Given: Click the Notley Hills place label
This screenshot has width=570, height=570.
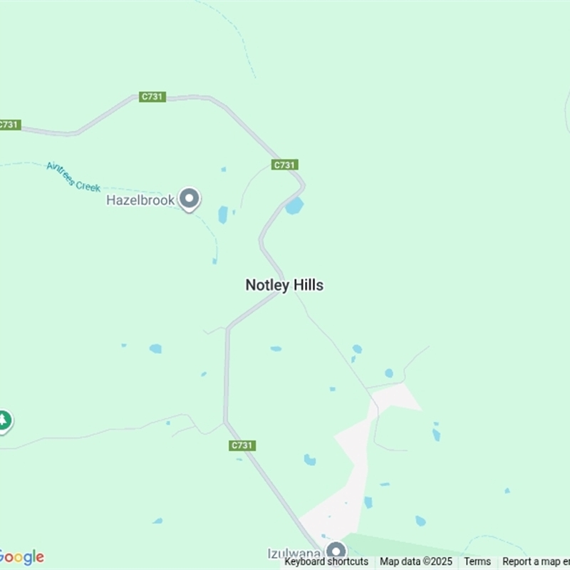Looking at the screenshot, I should pos(284,285).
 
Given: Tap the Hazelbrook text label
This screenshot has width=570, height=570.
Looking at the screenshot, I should pos(140,200).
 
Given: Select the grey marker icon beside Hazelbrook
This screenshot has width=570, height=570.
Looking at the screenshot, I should pos(189,199).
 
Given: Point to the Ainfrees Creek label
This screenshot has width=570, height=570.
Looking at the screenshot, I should pos(73,177).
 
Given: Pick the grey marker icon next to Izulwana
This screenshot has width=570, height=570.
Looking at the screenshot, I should pos(336,551).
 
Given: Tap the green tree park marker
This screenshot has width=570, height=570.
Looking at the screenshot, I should pos(4,420).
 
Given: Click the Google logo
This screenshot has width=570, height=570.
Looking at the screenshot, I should pos(21,557).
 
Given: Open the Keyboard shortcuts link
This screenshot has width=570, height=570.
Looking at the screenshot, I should pos(326,561).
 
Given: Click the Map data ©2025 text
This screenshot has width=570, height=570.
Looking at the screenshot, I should pos(416,561).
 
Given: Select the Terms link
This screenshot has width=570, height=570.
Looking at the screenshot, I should pos(477,561).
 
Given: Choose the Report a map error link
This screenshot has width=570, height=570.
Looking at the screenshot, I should pos(536,561).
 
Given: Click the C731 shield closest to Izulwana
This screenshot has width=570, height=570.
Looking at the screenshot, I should pos(242,445).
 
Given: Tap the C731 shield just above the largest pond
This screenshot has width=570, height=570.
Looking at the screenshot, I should pos(284,165).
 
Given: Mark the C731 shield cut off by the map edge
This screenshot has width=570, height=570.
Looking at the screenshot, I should pos(9,125).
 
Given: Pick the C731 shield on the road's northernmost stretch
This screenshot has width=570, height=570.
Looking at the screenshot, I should pos(152,97).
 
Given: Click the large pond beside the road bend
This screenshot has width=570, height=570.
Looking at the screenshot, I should pos(294,206).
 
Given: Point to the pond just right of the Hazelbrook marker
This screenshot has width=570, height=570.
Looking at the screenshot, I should pos(223,214).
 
